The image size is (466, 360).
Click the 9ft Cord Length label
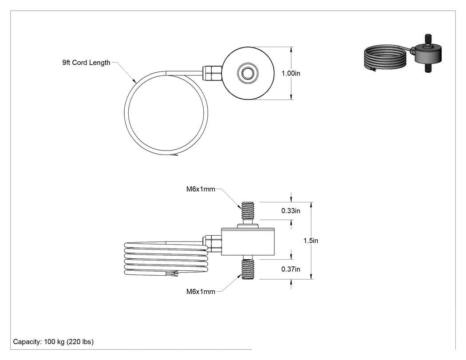click(86, 63)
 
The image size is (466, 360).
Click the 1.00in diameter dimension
click(291, 73)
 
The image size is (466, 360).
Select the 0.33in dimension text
click(291, 211)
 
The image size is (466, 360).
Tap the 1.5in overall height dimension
click(311, 241)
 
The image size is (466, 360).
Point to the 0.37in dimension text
click(291, 269)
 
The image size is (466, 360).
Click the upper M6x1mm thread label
click(201, 189)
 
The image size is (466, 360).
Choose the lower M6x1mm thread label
click(201, 292)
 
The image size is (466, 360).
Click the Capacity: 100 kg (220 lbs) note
click(53, 341)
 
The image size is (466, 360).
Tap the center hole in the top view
click(248, 73)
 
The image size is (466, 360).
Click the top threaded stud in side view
click(248, 213)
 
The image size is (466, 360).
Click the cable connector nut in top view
click(212, 73)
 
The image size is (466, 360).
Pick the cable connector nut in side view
click(212, 244)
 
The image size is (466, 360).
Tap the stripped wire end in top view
click(174, 155)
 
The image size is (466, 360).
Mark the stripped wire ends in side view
click(172, 273)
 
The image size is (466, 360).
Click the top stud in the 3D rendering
click(428, 39)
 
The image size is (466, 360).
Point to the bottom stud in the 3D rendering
click(428, 68)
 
